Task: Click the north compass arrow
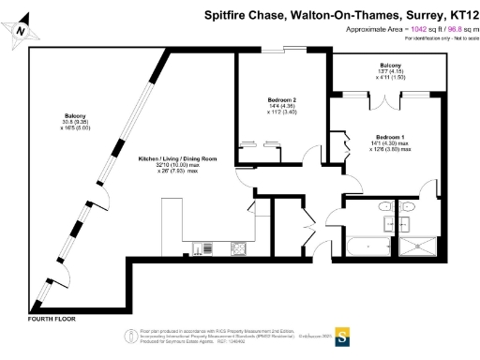[x=21, y=31]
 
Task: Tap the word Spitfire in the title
[x=225, y=16]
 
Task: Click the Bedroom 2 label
[x=281, y=99]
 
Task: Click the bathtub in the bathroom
[x=360, y=247]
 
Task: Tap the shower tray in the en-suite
[x=419, y=247]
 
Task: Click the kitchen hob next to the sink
[x=238, y=247]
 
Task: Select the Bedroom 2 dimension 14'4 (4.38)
[x=281, y=106]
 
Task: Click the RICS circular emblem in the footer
[x=129, y=336]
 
